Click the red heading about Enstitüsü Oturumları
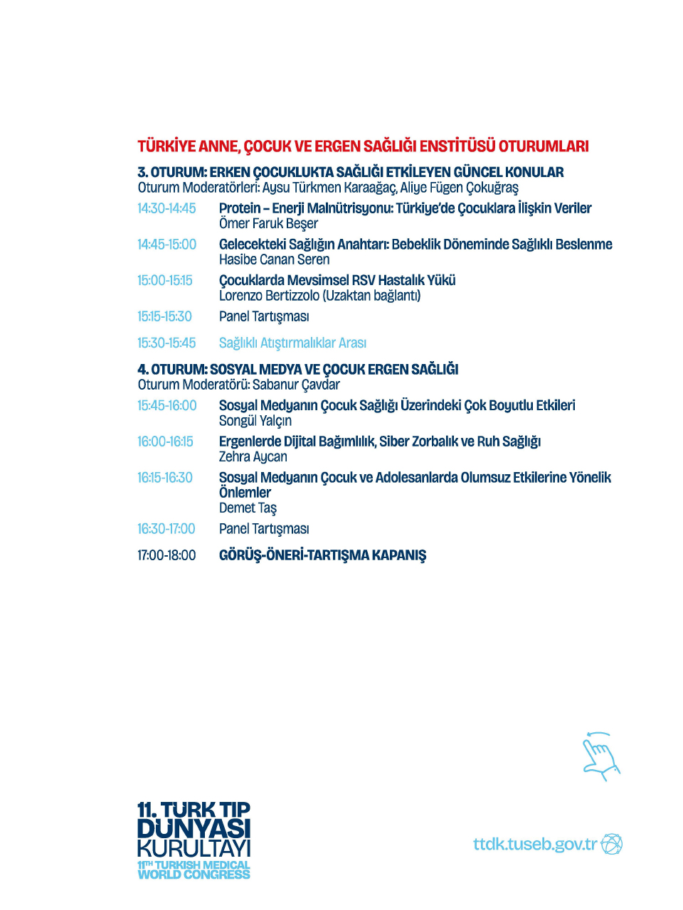click(363, 146)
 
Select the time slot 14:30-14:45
click(166, 208)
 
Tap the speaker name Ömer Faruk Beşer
click(268, 224)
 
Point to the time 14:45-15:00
click(166, 245)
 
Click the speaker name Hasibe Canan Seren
click(274, 260)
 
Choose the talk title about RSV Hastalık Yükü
click(337, 280)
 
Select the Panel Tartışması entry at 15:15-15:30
click(264, 316)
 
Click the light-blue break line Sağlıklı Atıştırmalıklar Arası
click(292, 343)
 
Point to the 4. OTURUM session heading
click(298, 370)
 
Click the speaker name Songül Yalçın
click(255, 421)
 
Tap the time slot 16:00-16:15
click(165, 441)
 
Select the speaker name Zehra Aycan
click(253, 457)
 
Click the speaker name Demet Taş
click(248, 508)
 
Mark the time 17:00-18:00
click(166, 555)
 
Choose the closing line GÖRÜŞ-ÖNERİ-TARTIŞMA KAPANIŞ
click(322, 555)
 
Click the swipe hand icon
click(600, 756)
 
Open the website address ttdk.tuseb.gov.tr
click(535, 844)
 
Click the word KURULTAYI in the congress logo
click(194, 849)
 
